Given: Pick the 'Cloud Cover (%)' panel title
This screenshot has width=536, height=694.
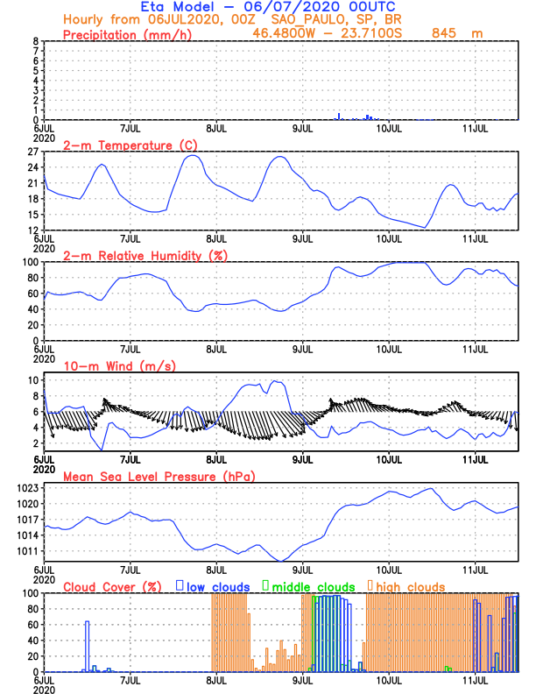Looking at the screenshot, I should (x=110, y=586).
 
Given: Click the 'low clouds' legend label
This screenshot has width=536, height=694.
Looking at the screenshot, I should (x=220, y=586).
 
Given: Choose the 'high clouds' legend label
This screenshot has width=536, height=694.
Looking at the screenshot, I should (x=411, y=586).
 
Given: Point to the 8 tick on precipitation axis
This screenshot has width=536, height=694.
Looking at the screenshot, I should (x=36, y=41).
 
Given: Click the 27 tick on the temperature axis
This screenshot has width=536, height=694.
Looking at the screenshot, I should (x=32, y=152).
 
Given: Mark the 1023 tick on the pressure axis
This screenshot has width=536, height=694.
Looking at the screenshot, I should (x=26, y=488).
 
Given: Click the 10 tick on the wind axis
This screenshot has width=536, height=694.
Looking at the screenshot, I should (x=33, y=380).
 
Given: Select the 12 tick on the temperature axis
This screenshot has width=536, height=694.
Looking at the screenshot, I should (x=32, y=230).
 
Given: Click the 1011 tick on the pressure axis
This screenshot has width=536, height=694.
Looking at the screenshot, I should (x=26, y=551).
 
